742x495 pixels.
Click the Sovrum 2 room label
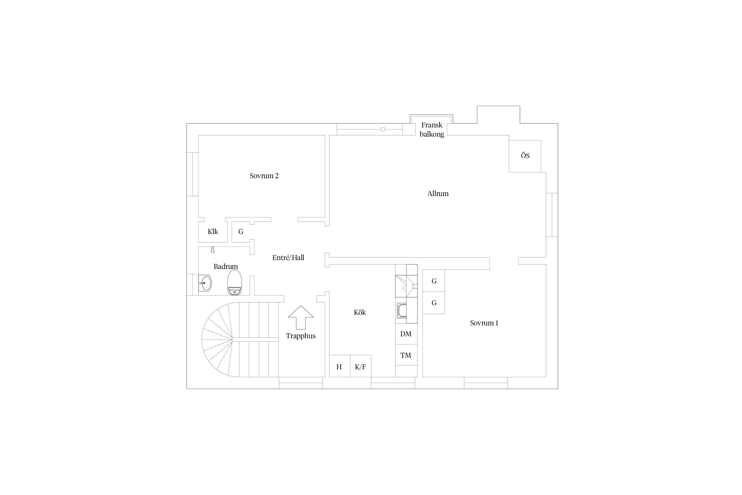(264, 176)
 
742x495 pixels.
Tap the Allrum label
(438, 194)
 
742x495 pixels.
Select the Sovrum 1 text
(484, 323)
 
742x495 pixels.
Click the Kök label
(360, 312)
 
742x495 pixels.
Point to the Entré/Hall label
(288, 258)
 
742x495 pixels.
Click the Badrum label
(226, 267)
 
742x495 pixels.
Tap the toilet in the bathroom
(235, 282)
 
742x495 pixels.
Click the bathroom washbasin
(205, 283)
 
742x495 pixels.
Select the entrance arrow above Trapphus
(301, 317)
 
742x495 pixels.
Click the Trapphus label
(301, 336)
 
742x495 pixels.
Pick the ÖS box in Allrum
(525, 156)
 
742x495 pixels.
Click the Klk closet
(213, 232)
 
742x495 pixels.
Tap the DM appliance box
(406, 334)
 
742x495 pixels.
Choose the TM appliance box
(406, 355)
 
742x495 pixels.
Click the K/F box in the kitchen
(360, 366)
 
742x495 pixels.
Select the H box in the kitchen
(340, 366)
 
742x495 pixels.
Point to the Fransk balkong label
(432, 130)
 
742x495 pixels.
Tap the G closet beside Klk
(241, 232)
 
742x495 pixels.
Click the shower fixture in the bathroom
(213, 250)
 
